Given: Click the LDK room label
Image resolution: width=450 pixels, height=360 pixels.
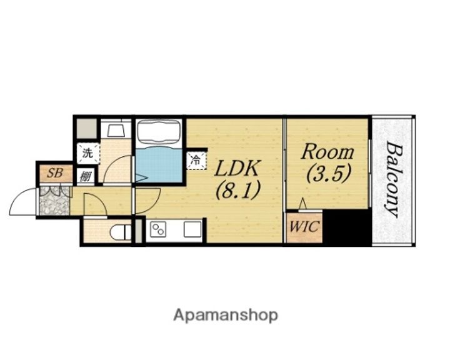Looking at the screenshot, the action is (237, 169).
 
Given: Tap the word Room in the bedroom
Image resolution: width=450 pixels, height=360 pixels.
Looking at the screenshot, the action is (327, 152).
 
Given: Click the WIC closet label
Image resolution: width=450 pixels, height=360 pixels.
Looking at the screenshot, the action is (304, 226).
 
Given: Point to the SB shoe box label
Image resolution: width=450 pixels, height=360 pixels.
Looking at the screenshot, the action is (55, 173).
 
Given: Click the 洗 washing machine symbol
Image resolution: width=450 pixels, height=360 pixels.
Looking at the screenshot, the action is (88, 153).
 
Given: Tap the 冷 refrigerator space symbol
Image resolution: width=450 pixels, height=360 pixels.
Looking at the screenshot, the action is (196, 160).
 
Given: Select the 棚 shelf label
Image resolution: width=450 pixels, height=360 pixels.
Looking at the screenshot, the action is (86, 176).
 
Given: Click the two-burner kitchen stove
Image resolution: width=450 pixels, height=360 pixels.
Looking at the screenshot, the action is (158, 230).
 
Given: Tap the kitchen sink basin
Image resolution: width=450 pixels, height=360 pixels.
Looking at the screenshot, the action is (192, 229).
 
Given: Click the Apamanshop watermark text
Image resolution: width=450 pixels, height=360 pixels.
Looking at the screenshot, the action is (226, 316).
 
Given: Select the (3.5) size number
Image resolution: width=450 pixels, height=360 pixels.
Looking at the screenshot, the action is (329, 173).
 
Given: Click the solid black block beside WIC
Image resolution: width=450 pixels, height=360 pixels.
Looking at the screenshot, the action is (346, 227).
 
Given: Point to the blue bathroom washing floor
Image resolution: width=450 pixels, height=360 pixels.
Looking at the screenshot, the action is (159, 164).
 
